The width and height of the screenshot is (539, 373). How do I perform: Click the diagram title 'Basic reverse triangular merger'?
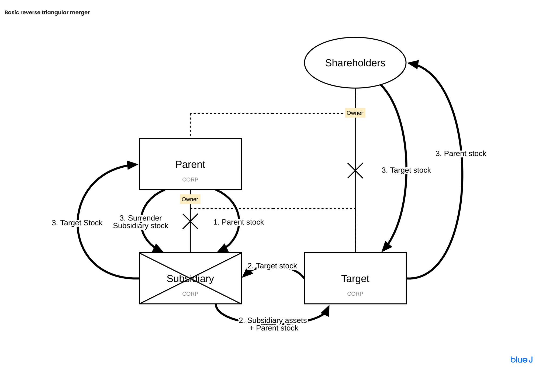[47, 12]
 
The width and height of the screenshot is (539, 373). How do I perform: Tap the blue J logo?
[521, 360]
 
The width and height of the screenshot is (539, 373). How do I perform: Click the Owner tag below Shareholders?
[355, 113]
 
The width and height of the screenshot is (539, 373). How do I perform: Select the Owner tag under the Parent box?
[190, 199]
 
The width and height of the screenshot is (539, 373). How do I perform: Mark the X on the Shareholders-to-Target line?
[355, 171]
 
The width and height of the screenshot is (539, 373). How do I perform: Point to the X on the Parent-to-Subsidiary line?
[190, 221]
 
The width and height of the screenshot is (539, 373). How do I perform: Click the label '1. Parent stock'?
[239, 222]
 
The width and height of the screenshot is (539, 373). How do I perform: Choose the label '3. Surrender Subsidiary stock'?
[141, 222]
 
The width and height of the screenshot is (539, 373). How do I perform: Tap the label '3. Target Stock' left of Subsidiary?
[77, 223]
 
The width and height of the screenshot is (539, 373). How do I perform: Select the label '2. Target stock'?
[272, 266]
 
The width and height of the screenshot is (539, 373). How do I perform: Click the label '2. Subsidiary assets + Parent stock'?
[273, 324]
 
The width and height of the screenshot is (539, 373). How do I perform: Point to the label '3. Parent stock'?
[461, 154]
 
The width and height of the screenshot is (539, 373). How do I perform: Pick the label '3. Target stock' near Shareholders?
[406, 170]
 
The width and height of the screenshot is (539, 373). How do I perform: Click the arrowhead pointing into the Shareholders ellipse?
[413, 64]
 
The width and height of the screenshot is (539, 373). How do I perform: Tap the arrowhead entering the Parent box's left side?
[133, 165]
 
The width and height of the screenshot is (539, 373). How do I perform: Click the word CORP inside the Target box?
[355, 294]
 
